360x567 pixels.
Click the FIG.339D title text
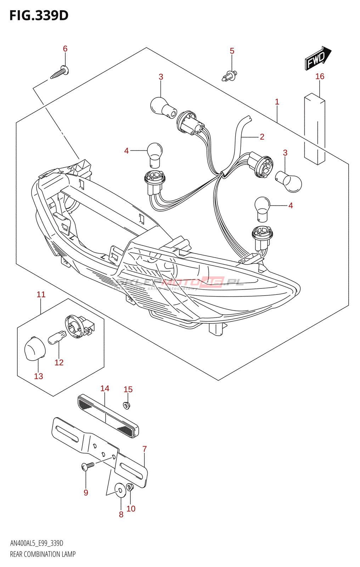[39, 15]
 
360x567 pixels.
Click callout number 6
[65, 49]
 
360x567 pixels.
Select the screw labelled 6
[60, 73]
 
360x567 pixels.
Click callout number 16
[320, 77]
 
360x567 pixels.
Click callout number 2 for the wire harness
[262, 137]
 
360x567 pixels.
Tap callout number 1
[277, 102]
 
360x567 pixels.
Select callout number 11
[41, 294]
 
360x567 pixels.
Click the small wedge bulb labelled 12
[57, 337]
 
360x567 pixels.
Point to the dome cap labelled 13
[35, 348]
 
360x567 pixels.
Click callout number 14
[105, 389]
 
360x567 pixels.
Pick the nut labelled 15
[126, 405]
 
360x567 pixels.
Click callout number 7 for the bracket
[145, 449]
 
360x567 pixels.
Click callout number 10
[131, 509]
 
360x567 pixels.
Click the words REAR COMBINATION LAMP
[43, 554]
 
